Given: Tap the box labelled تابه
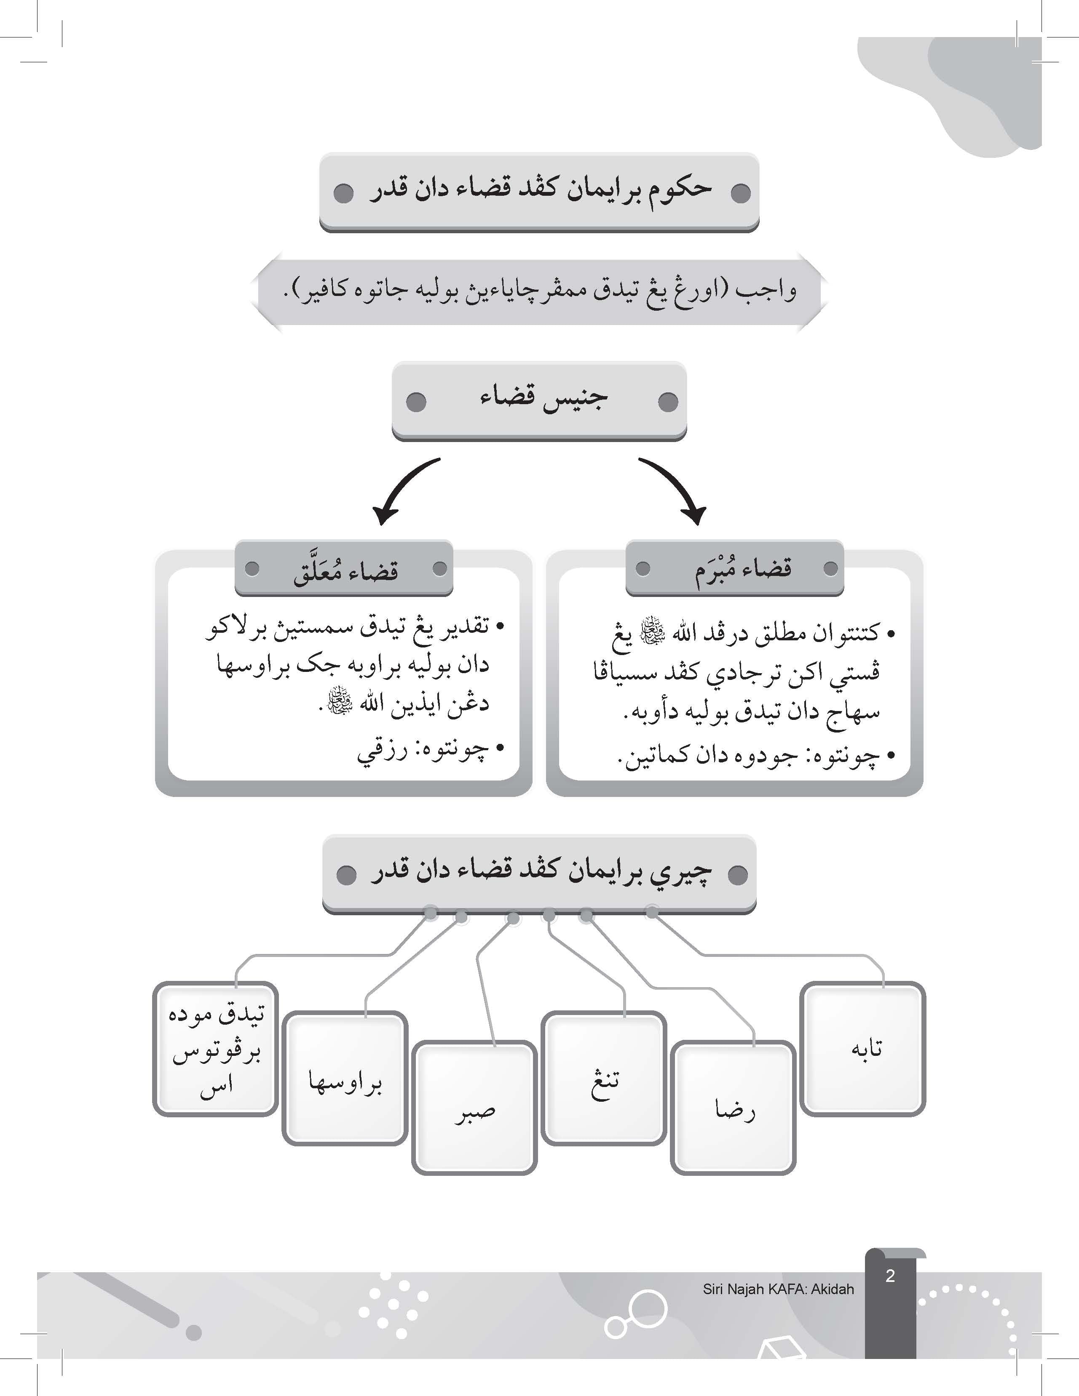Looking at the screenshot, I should tap(863, 1050).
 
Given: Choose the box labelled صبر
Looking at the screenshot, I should tap(474, 1109).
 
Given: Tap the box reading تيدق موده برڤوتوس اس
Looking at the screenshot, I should tap(216, 1050).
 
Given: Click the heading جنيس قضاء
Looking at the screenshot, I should tap(542, 399).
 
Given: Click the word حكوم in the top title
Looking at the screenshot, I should tap(679, 189).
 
